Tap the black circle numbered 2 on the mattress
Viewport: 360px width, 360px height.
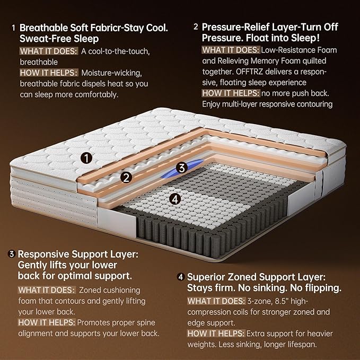[x=126, y=178]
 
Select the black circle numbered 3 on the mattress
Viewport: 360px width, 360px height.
[x=181, y=168]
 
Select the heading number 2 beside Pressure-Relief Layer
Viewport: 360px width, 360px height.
[x=196, y=27]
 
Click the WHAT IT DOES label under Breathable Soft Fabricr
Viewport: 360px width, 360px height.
[x=48, y=51]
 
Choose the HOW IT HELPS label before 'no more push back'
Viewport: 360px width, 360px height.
[x=230, y=93]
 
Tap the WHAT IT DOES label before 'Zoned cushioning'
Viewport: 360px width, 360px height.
[x=46, y=290]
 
